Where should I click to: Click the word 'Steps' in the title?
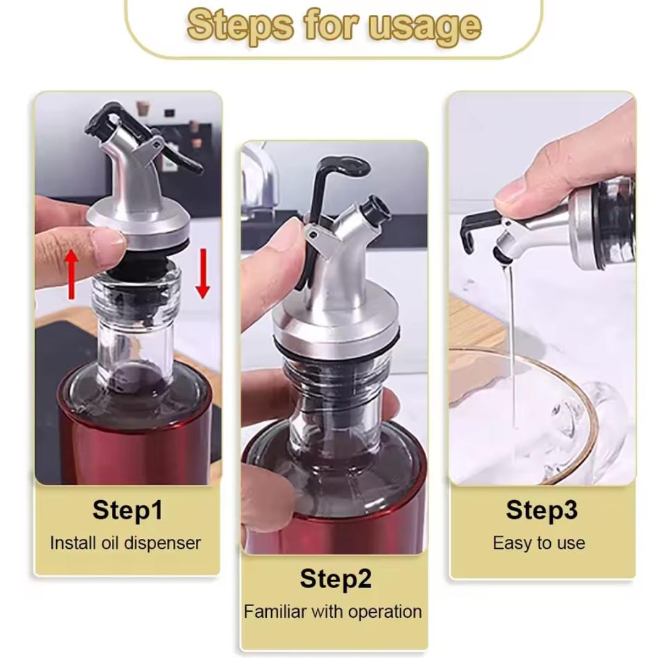coord(240,26)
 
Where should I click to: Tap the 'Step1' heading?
coord(127,510)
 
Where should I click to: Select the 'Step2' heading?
coord(335,579)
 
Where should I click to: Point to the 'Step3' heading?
coord(542,510)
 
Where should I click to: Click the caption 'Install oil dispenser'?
coord(125,543)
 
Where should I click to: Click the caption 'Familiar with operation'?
coord(333,612)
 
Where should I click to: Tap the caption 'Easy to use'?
coord(539,543)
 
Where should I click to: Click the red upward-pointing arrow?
coord(72,273)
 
